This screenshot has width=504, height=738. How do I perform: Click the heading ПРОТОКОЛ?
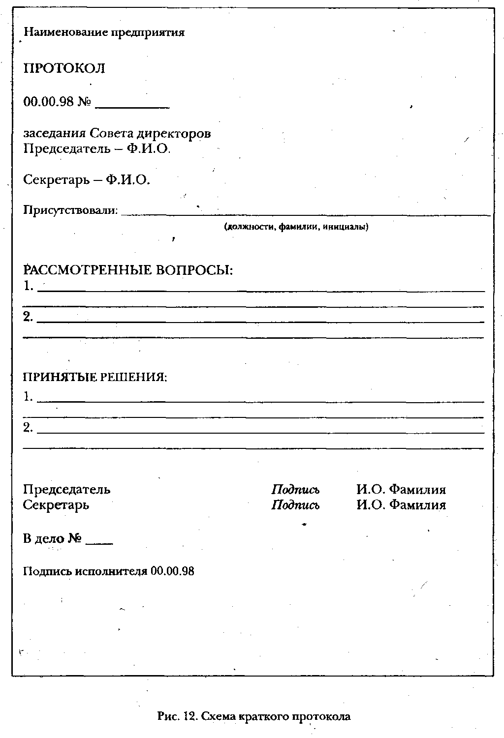(x=64, y=68)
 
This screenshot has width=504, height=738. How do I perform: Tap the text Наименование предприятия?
(x=104, y=32)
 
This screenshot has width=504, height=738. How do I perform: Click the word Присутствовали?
(x=71, y=210)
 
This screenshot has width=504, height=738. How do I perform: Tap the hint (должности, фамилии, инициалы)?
(x=296, y=227)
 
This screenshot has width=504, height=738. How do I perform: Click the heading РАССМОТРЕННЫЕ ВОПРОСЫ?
(x=128, y=270)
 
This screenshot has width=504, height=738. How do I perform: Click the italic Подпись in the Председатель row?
(x=295, y=490)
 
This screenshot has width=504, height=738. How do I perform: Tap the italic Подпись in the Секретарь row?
(x=295, y=505)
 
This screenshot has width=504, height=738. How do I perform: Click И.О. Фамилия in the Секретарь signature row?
(x=401, y=505)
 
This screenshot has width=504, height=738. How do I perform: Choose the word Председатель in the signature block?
(x=67, y=490)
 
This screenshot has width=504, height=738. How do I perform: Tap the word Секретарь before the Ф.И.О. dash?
(x=57, y=180)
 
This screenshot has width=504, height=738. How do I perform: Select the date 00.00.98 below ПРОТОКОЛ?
(x=48, y=102)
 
